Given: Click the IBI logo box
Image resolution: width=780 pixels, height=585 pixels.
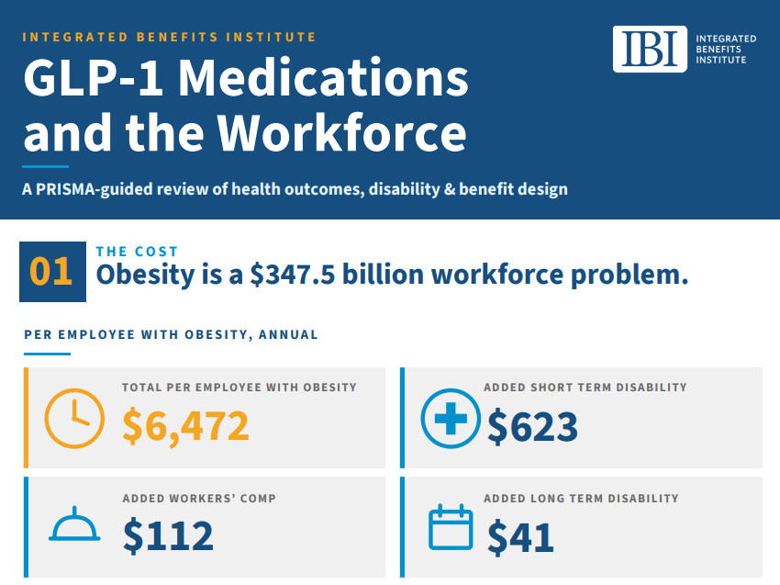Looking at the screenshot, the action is tap(650, 49).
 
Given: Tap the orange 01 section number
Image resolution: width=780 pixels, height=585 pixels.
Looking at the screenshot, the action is tap(50, 272).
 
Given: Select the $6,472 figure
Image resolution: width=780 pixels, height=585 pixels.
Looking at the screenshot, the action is tap(185, 426).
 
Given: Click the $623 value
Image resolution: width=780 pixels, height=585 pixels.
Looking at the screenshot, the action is tap(532, 427).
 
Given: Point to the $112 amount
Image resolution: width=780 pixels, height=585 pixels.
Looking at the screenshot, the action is tap(168, 536).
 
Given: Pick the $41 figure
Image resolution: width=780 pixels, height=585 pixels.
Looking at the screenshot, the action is tap(520, 537).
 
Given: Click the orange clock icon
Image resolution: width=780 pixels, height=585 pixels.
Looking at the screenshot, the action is tap(74, 419).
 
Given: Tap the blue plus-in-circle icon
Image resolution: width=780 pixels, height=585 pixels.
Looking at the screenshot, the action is tap(451, 418).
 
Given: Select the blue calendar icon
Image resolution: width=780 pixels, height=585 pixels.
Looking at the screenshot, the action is tap(451, 527).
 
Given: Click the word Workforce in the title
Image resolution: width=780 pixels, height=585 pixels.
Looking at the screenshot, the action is tap(341, 133).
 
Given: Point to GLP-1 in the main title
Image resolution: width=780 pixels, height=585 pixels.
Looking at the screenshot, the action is tap(93, 78).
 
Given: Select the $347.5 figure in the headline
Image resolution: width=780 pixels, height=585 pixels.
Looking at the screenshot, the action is tap(293, 275).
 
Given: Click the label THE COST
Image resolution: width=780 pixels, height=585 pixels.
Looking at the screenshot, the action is tap(137, 252).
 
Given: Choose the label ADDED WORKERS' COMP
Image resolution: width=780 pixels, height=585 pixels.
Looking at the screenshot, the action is tap(199, 499).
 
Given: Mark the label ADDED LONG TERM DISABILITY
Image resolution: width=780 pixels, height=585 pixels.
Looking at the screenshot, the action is tap(581, 499).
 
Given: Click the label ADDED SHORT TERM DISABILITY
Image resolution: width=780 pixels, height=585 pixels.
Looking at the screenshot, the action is tap(585, 388).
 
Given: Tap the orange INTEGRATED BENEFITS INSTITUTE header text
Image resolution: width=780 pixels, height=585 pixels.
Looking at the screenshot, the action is tap(169, 38).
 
